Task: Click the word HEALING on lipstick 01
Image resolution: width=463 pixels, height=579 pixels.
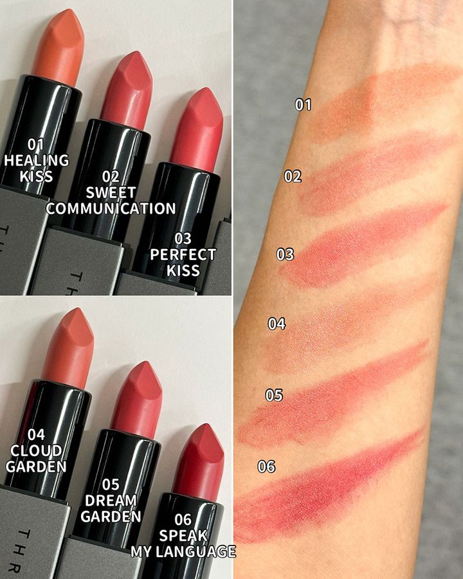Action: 36,160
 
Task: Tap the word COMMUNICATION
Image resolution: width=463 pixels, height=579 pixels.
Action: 111,208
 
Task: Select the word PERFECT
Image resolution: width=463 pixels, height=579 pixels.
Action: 183,255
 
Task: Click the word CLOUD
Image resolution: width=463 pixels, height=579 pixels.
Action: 36,451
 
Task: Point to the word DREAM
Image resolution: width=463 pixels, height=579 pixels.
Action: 111,501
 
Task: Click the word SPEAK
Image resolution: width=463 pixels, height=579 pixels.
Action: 183,535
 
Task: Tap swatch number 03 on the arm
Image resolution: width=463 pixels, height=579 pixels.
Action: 362,246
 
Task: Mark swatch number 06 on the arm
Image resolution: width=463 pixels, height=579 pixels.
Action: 329,488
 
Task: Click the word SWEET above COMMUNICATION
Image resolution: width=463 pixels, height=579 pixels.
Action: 111,192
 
